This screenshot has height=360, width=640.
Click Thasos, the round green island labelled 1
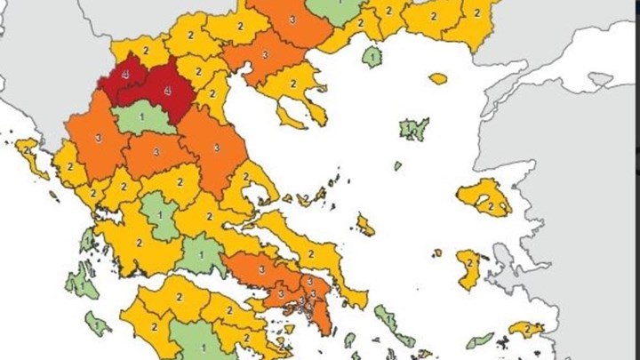(x=371, y=57)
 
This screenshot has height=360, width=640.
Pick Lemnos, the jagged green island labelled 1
(x=413, y=130)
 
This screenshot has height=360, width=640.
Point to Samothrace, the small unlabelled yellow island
(x=438, y=78)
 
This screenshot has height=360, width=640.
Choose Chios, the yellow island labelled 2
(x=468, y=267)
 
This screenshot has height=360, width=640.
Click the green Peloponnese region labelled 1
(x=203, y=342)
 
